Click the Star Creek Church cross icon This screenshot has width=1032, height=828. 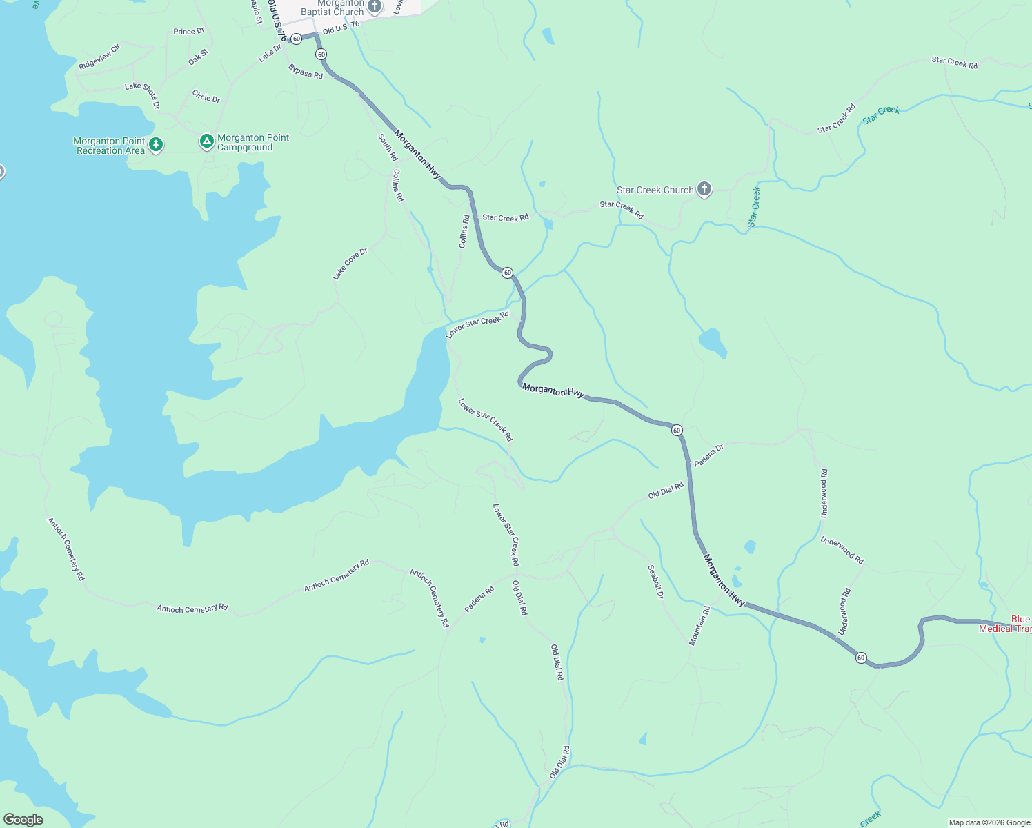704,190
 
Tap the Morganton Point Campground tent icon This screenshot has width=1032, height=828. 206,141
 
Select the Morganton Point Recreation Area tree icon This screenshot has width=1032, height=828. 157,144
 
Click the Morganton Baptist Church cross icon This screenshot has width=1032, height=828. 375,7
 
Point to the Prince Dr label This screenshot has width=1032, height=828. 189,32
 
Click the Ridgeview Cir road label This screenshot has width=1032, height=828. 99,57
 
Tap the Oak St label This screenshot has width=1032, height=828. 198,57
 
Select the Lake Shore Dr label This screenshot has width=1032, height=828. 143,95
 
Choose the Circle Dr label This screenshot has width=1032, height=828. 206,97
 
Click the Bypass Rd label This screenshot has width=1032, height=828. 306,71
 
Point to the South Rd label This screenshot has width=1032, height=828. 388,147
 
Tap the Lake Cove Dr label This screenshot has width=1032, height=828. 350,264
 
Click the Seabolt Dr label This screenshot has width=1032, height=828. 655,582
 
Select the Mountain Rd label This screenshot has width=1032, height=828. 699,626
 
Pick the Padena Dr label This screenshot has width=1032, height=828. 708,455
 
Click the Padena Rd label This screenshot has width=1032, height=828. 479,599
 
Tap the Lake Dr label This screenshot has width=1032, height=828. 270,54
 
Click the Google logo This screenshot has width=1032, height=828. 23,820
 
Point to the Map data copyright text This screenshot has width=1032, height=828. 989,822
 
